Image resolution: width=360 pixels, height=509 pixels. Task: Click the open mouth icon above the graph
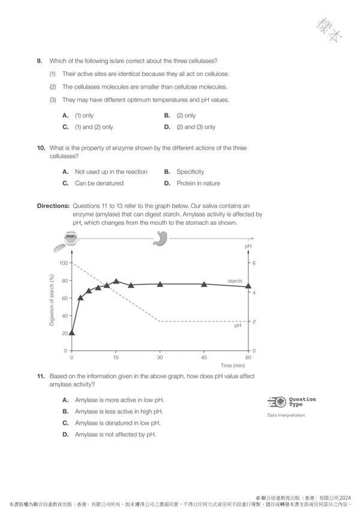(x=70, y=239)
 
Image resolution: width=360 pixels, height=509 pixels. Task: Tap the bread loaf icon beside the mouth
(x=58, y=248)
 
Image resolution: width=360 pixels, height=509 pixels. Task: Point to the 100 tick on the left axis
(x=63, y=263)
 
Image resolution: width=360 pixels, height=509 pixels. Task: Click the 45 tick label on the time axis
(x=204, y=357)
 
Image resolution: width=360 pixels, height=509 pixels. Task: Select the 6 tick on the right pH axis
(x=254, y=263)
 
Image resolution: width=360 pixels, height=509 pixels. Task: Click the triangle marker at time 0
(x=72, y=333)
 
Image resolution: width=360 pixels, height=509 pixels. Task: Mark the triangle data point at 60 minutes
(x=248, y=286)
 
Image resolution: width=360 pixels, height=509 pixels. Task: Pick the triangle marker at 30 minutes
(x=160, y=284)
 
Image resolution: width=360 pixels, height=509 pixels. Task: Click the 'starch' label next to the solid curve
(x=235, y=281)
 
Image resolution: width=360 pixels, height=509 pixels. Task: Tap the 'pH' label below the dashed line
(x=238, y=326)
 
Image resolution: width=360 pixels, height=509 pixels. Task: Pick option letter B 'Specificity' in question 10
(x=167, y=172)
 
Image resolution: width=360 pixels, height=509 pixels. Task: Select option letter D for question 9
(x=167, y=127)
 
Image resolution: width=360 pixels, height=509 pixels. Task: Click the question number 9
(x=39, y=62)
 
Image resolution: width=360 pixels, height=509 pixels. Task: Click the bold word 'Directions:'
(x=53, y=206)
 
